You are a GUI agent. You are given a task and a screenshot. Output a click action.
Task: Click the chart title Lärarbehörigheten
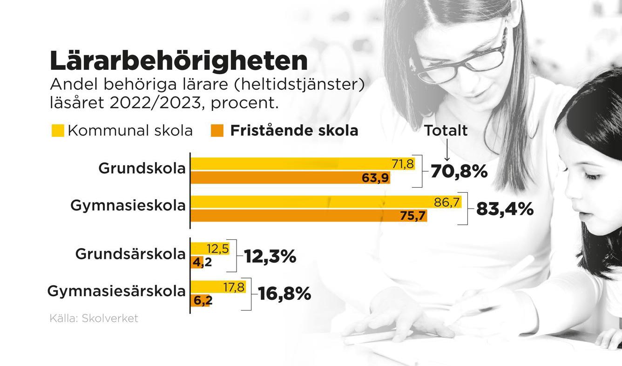coord(178,61)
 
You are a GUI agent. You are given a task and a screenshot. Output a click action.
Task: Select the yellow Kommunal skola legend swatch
coord(58,131)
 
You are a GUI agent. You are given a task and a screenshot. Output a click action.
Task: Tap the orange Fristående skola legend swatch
coord(217,131)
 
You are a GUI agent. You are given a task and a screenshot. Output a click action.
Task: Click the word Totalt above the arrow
coord(446,131)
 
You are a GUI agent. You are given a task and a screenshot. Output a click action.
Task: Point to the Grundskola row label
coord(142,169)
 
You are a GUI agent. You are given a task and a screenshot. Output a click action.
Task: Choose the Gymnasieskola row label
coord(128,205)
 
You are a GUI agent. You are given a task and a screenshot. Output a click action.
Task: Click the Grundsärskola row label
coord(130,255)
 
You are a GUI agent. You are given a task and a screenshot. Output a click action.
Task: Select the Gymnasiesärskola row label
coord(116,292)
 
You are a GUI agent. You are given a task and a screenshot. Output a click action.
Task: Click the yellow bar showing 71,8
coord(303,164)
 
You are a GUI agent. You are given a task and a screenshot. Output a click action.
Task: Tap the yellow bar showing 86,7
coord(326,202)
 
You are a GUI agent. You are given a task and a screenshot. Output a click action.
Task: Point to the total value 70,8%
coord(459,171)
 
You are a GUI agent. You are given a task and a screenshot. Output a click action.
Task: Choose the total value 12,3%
coord(270,257)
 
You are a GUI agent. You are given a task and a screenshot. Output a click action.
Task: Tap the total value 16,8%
coord(284,294)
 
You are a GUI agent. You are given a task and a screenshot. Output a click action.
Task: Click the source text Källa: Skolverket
coord(94,319)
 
